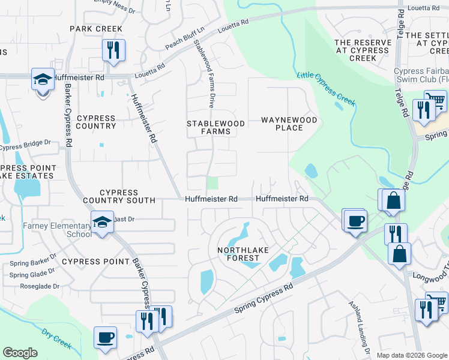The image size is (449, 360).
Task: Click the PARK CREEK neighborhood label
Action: (96, 29)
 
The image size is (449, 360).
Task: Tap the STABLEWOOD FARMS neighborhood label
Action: (215, 127)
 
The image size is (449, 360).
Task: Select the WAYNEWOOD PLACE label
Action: (289, 124)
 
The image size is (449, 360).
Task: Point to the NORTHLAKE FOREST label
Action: (238, 253)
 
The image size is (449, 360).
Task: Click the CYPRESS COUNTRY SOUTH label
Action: (119, 196)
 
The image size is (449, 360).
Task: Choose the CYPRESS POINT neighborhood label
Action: (95, 262)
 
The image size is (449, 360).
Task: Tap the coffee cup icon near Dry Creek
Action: (106, 337)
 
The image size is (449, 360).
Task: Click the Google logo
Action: (20, 353)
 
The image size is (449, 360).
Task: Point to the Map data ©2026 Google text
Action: (411, 355)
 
